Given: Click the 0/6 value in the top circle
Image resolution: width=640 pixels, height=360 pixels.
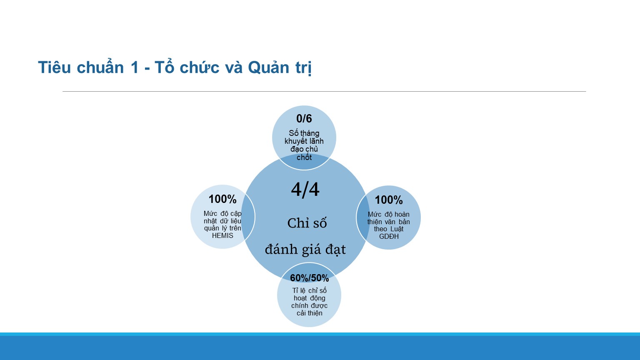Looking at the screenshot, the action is pos(304,118).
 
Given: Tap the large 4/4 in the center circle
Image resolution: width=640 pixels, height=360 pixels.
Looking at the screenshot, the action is pos(305,190).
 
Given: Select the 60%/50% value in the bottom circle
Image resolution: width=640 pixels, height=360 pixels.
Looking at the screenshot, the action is pos(310,278).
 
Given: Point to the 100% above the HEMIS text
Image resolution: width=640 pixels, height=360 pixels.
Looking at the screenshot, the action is pos(222,199).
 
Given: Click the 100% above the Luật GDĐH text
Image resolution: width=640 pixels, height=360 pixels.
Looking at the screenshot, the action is pos(389,200).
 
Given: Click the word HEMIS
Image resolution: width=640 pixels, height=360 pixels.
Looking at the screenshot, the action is pos(222,236).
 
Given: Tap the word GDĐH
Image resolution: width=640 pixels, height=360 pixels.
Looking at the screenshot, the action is pos(389,237).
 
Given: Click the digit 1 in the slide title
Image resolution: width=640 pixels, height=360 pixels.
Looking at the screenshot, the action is pos(135,68).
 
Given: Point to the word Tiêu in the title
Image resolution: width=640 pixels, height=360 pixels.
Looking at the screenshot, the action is pos(54,68).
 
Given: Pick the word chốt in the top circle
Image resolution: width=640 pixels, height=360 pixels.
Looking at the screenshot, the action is pos(304,157).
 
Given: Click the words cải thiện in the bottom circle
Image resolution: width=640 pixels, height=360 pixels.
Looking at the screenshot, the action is pos(310,313).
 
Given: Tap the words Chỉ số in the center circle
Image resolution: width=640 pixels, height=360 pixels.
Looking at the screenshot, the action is pos(307,223).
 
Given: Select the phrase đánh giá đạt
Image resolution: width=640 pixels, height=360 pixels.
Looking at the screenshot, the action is pos(305,250).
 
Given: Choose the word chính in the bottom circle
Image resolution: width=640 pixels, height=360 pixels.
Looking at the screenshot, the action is pos(300,306).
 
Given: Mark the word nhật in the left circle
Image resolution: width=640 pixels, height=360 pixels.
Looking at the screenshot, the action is pos(210,221).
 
